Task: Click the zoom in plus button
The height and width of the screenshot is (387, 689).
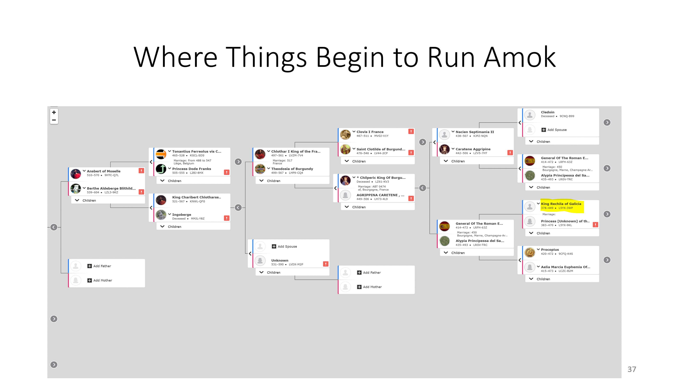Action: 54,113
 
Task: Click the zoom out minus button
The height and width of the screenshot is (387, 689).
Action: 54,120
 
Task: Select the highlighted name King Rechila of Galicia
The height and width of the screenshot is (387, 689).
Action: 561,204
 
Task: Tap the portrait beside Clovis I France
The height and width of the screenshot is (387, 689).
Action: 345,134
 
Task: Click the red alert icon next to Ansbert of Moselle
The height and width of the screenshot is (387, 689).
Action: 141,171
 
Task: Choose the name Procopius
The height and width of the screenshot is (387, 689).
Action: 550,250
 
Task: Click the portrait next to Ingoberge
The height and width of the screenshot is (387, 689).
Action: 161,215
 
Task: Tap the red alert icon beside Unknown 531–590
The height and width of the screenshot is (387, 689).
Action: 325,264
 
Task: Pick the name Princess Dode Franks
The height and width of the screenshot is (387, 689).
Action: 191,169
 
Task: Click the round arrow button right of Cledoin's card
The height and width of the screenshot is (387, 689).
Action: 607,123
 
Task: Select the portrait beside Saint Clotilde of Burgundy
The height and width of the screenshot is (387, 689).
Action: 345,149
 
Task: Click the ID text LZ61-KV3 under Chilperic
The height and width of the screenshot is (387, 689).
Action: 382,182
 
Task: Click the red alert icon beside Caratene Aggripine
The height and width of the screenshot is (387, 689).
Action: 510,153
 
